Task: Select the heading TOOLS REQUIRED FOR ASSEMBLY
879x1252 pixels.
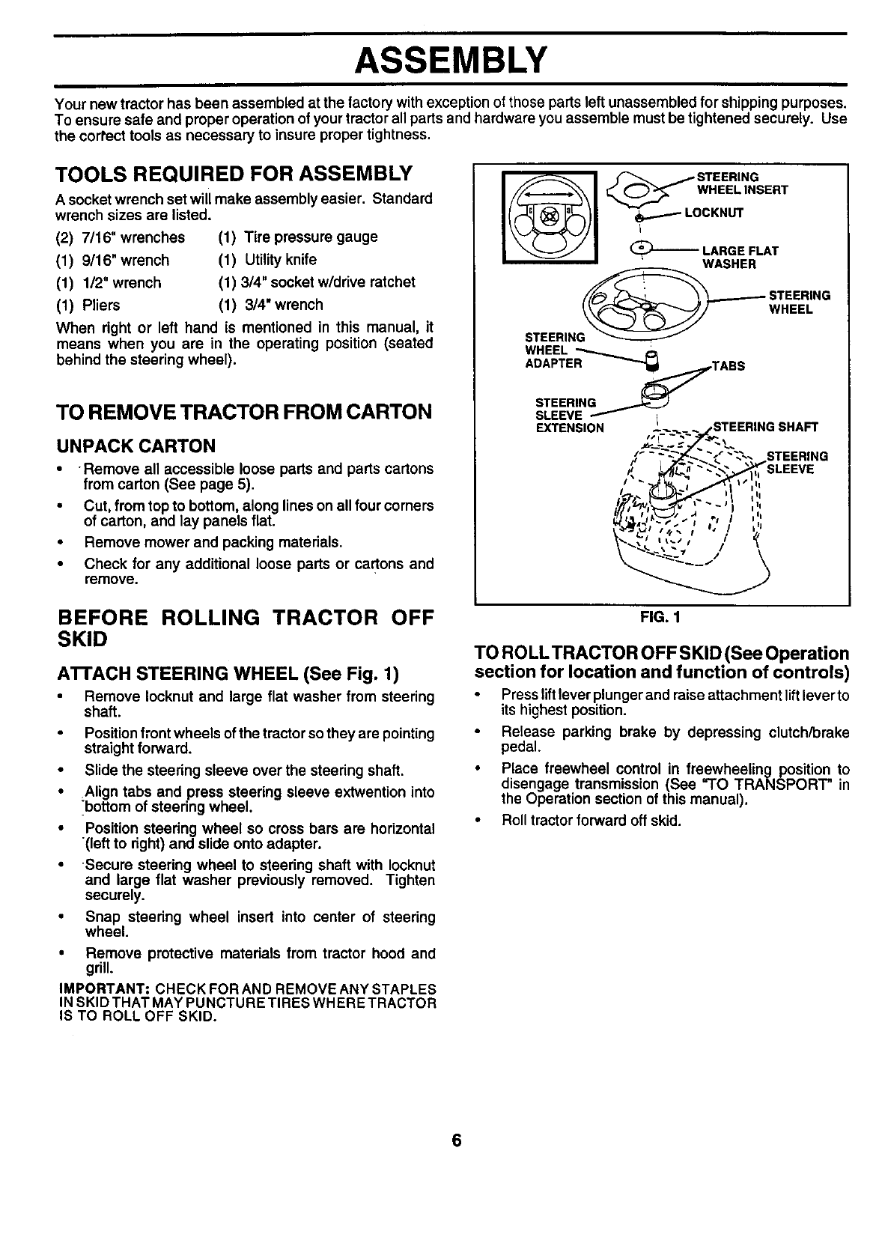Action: (x=234, y=174)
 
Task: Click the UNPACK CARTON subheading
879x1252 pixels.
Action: (x=136, y=446)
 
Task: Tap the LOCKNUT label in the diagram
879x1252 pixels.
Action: (x=714, y=213)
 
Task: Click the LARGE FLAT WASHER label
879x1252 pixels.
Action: (x=739, y=257)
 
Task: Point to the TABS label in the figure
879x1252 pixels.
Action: (x=728, y=366)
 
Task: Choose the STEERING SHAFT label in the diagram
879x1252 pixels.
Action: (x=765, y=428)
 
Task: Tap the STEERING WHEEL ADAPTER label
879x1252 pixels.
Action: (x=554, y=350)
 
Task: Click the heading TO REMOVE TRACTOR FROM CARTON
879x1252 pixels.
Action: (x=244, y=412)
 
